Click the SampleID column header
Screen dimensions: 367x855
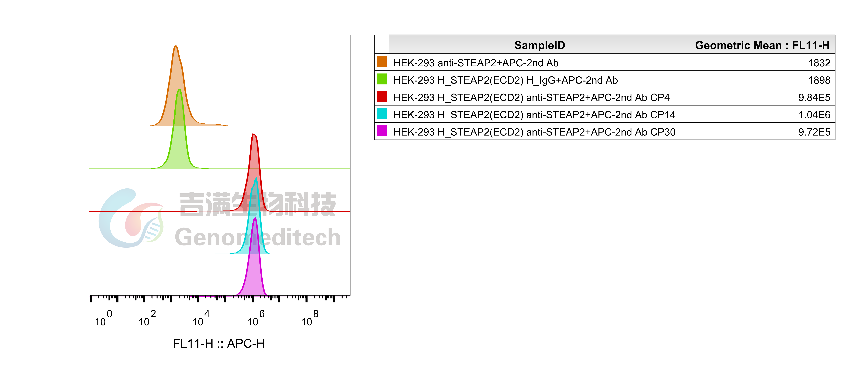click(540, 45)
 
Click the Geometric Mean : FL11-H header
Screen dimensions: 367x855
click(762, 45)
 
